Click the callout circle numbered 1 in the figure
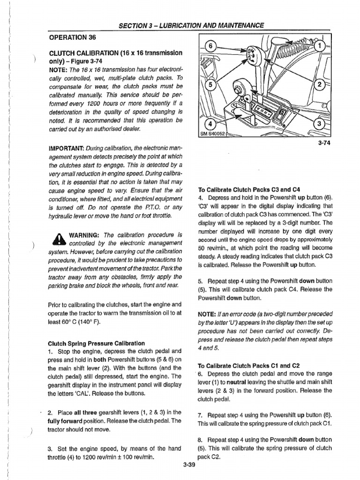[x=320, y=46]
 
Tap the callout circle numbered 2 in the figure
[x=321, y=85]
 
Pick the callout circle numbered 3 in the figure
[x=321, y=124]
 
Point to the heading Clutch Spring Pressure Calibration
[x=96, y=343]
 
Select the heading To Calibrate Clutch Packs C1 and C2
[x=248, y=366]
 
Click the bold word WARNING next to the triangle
[x=85, y=234]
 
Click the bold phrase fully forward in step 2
[x=66, y=420]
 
